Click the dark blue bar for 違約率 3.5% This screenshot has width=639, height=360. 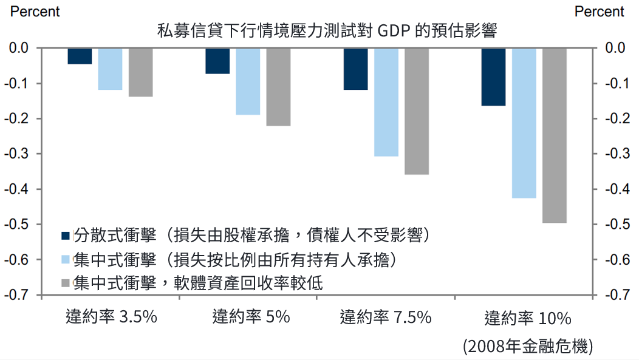click(80, 56)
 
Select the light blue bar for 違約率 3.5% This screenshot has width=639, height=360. click(110, 69)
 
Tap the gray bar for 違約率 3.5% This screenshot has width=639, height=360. click(140, 72)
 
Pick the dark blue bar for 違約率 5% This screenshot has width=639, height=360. click(217, 61)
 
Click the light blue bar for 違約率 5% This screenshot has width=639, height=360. click(248, 81)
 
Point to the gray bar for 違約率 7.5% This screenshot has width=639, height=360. click(417, 111)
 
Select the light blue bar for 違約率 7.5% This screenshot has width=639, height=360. click(386, 102)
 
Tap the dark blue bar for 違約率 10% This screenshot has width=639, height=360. click(493, 76)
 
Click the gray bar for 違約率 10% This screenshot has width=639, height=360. click(555, 135)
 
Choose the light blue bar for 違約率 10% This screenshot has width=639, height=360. click(524, 123)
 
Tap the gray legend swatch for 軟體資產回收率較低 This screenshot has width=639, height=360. click(67, 284)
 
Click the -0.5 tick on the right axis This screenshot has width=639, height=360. click(615, 225)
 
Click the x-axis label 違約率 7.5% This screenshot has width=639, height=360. click(386, 317)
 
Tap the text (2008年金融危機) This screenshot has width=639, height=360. click(527, 347)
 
